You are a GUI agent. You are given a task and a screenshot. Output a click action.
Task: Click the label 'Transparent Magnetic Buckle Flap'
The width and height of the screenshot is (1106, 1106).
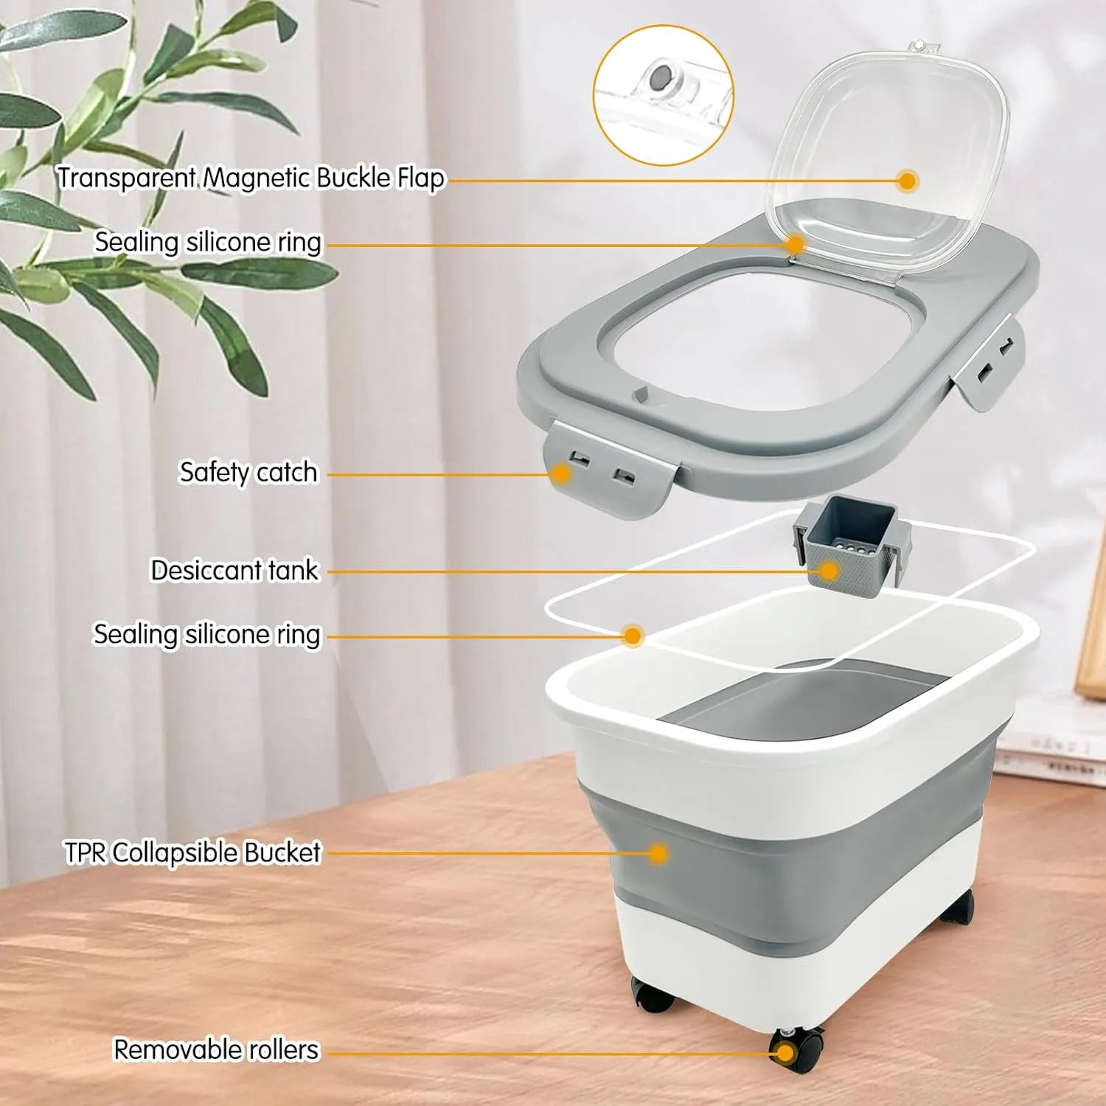tap(251, 178)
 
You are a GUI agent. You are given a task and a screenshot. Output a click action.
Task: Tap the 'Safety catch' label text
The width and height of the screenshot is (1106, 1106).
tap(248, 472)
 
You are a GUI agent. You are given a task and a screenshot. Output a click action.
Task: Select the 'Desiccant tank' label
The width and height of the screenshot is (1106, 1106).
tap(234, 570)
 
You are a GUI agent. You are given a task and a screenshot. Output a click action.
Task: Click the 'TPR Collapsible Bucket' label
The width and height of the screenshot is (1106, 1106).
tap(193, 852)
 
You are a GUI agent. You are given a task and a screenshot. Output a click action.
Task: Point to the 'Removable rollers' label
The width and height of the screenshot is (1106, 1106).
tap(216, 1049)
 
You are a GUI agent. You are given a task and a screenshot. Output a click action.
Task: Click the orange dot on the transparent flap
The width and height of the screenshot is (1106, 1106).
tap(908, 181)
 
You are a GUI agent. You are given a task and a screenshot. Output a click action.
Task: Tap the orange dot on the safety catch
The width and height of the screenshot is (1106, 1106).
tap(562, 474)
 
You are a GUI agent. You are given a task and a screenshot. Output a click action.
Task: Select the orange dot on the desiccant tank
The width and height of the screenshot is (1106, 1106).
tap(829, 571)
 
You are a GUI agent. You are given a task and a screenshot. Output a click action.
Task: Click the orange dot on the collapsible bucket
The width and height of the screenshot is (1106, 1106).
tap(658, 854)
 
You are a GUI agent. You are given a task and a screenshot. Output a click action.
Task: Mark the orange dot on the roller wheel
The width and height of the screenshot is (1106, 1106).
tap(785, 1053)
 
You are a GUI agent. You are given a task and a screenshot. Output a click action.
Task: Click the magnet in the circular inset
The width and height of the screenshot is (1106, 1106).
tap(661, 75)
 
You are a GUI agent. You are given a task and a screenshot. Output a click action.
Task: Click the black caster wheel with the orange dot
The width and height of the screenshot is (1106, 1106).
tap(796, 1048)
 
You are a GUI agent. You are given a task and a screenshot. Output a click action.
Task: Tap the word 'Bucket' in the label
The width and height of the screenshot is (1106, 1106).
tap(282, 852)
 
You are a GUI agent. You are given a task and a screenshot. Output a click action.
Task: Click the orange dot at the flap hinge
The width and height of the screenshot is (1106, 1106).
tap(795, 244)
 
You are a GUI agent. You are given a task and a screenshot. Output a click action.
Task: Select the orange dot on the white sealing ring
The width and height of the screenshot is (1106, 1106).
tap(632, 636)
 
